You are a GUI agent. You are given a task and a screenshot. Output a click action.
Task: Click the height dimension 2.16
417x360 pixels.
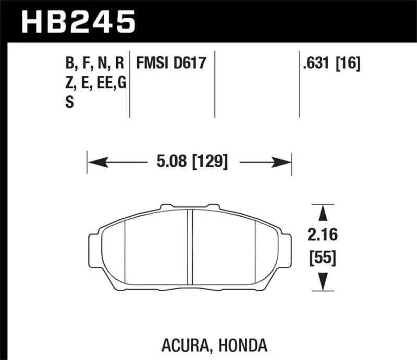click(x=323, y=235)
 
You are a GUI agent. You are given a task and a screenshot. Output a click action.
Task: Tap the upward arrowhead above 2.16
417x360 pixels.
click(x=323, y=214)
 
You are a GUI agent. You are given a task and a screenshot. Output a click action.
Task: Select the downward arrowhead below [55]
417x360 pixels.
click(x=323, y=281)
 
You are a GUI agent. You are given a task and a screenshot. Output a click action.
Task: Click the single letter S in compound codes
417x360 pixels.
click(x=69, y=103)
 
